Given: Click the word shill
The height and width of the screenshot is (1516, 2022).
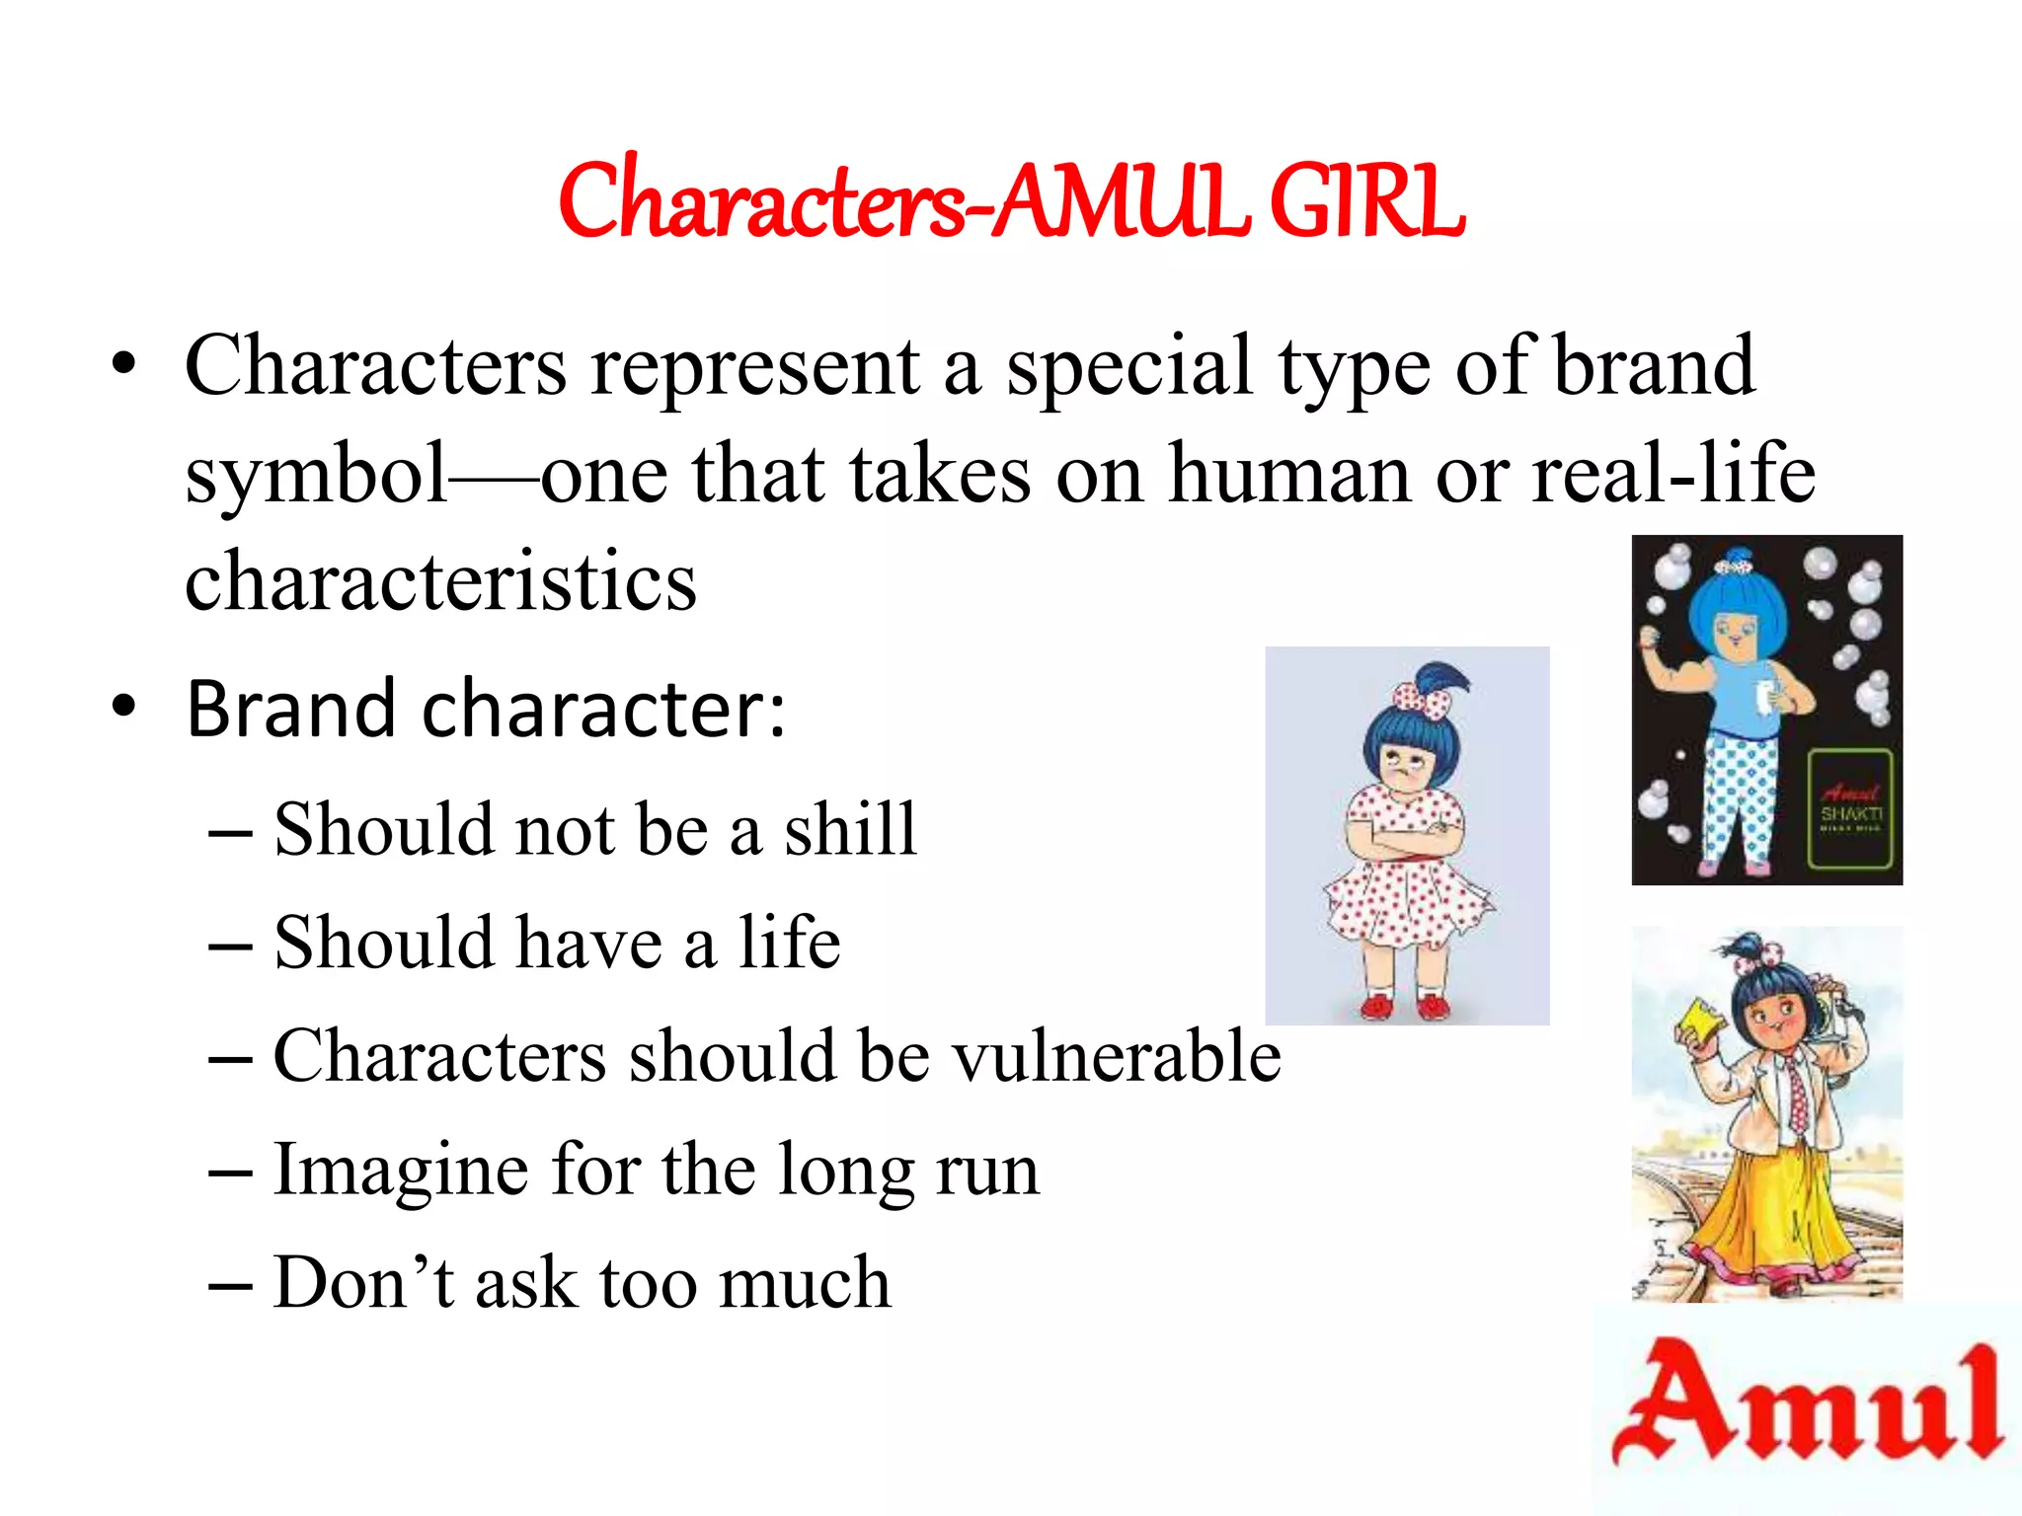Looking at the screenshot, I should click(850, 829).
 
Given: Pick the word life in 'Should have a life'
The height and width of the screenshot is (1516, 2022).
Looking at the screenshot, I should click(789, 943).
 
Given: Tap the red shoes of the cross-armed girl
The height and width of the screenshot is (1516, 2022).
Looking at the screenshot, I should click(1403, 1006).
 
